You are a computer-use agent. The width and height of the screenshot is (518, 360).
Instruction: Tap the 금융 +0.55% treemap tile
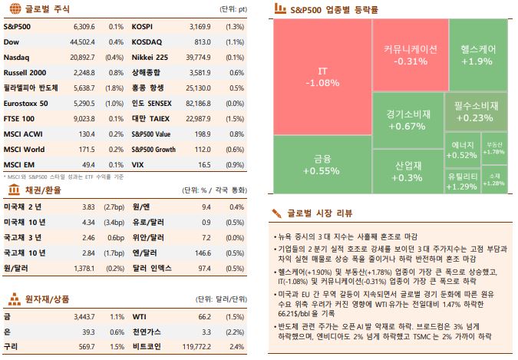322,164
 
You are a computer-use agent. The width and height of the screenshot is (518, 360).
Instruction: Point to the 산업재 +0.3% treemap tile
408,170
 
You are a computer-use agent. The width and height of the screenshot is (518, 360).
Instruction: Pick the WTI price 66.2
203,315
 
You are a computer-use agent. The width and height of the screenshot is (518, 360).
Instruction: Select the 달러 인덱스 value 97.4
203,269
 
